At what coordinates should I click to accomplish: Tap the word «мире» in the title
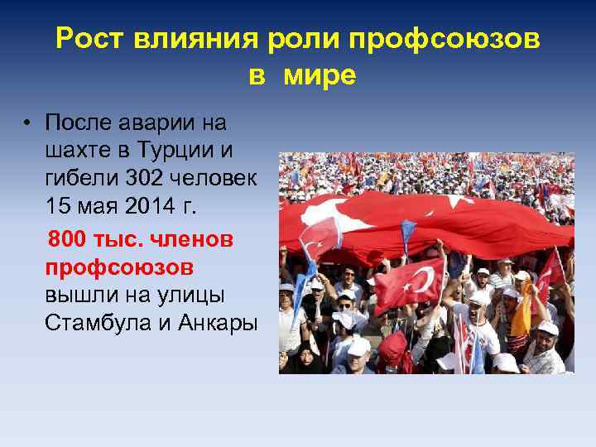pos(320,76)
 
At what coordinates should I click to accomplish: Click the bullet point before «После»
pos(27,124)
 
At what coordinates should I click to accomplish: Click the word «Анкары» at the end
pos(217,324)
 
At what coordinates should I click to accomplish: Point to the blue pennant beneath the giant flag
pos(407,237)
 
